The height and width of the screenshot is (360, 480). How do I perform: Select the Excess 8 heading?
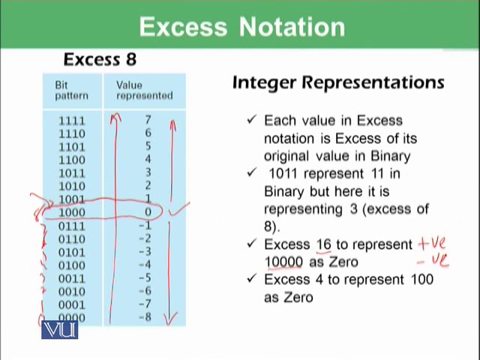coord(100,59)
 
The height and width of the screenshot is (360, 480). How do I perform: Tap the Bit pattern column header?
coord(71,90)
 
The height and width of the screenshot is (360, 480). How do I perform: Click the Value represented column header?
coord(144,90)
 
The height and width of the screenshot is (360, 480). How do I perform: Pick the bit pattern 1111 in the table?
coord(72,121)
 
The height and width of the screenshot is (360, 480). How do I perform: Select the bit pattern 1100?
coord(72,160)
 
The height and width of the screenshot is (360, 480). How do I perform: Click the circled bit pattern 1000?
coord(72,213)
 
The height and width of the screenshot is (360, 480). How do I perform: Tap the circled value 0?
coord(148,213)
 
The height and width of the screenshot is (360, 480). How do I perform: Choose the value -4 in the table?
coord(147,265)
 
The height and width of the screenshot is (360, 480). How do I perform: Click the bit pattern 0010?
coord(72,292)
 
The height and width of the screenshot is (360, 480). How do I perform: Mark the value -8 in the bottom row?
coord(147,318)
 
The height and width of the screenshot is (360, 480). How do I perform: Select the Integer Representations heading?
coord(338,82)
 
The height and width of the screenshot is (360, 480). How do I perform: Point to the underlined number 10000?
coord(283,262)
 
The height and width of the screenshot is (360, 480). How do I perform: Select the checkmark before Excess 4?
coord(252,279)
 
